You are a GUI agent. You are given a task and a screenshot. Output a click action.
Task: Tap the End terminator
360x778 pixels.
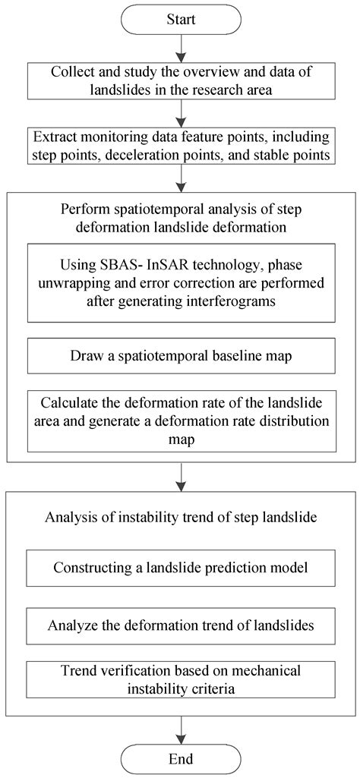point(180,758)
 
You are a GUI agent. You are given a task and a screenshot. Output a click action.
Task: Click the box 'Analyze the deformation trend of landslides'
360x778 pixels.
point(180,626)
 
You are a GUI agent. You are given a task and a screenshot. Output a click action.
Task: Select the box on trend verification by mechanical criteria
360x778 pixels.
point(180,679)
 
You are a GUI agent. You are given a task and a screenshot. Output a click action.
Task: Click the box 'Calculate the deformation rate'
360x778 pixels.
point(180,420)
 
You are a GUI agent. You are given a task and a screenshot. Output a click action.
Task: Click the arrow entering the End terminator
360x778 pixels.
point(180,729)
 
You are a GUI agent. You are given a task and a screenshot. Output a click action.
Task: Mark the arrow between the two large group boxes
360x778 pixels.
point(180,477)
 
